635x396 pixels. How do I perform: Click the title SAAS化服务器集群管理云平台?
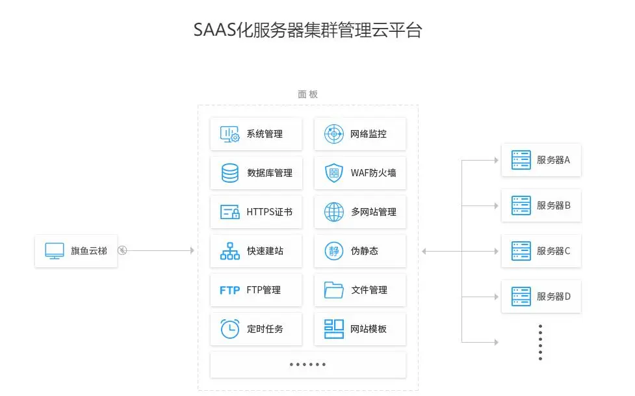tap(307, 30)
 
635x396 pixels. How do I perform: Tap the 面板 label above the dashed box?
tap(307, 94)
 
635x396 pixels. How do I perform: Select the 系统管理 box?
tap(256, 134)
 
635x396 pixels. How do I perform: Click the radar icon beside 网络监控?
tap(333, 134)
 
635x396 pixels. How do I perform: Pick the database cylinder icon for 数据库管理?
tap(230, 173)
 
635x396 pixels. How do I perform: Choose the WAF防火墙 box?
tap(360, 173)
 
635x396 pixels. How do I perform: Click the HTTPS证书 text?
tap(269, 212)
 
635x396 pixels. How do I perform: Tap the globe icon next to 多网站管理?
tap(333, 212)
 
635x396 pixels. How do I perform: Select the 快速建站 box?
tap(256, 251)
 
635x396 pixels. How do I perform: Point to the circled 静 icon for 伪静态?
tap(333, 251)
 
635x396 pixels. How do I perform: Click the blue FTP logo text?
tap(230, 290)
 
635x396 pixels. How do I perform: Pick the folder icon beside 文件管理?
tap(333, 290)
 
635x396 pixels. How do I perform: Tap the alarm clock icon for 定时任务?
tap(230, 329)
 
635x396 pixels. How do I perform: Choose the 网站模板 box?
tap(360, 329)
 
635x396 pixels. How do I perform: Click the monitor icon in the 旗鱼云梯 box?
tap(55, 250)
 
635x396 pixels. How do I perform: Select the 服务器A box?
tap(541, 160)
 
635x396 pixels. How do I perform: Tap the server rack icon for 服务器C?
tap(521, 250)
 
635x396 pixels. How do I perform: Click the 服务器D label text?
tap(553, 297)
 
